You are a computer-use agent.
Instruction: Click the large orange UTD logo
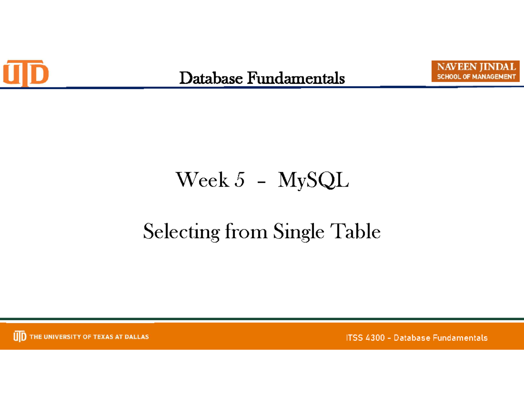click(x=26, y=73)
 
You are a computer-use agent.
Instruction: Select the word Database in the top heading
click(x=211, y=78)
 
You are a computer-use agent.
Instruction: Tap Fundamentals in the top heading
click(x=296, y=78)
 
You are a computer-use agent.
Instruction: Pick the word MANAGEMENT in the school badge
click(x=494, y=77)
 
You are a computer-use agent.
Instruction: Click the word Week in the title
click(x=202, y=180)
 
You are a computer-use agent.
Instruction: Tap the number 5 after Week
click(x=240, y=180)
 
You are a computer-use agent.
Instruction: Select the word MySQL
click(x=314, y=181)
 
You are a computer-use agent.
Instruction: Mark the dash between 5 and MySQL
click(x=262, y=183)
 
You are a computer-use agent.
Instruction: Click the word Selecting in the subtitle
click(x=182, y=232)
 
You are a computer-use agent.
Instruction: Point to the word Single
click(x=299, y=232)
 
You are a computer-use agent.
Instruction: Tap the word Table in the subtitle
click(x=355, y=231)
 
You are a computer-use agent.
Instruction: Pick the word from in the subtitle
click(x=246, y=231)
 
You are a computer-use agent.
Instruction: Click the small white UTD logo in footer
click(x=20, y=336)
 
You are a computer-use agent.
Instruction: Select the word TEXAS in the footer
click(x=103, y=337)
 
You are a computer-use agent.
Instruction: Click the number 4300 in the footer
click(x=375, y=338)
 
